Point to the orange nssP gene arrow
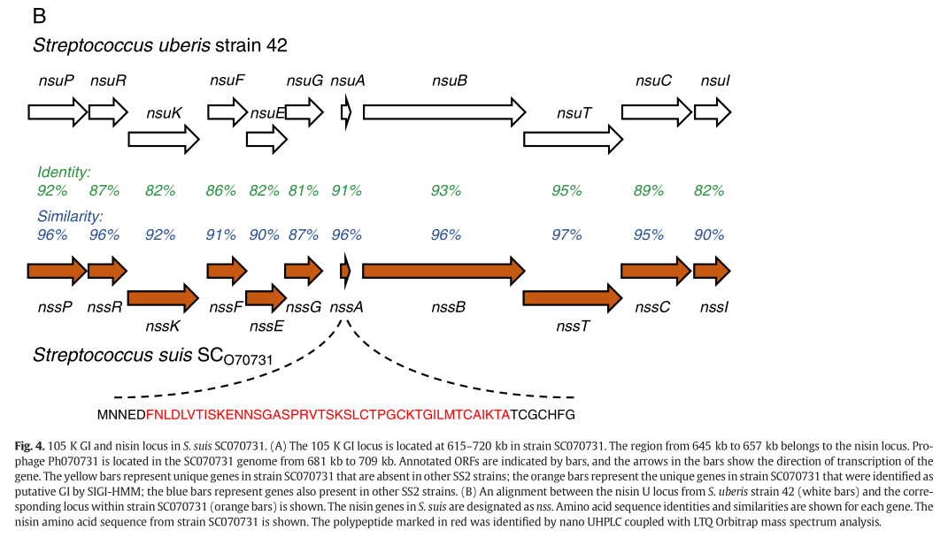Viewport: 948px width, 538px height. click(57, 268)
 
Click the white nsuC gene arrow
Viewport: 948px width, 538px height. click(655, 112)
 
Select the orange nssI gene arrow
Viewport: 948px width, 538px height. click(712, 268)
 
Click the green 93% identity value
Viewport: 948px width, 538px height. click(446, 190)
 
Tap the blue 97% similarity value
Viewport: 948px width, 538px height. click(566, 234)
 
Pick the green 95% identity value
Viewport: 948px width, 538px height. click(566, 190)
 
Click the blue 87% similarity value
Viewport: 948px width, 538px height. click(304, 234)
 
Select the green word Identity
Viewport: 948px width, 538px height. click(64, 172)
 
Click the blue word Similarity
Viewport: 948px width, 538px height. click(70, 216)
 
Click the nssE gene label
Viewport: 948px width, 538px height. click(266, 327)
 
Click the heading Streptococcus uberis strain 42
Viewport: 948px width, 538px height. click(160, 45)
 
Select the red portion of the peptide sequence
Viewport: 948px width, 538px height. click(328, 414)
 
